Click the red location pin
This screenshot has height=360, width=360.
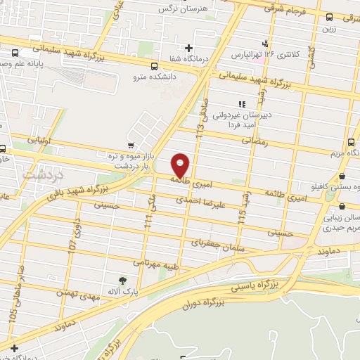tap(181, 165)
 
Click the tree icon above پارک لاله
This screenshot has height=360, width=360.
tap(124, 280)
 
